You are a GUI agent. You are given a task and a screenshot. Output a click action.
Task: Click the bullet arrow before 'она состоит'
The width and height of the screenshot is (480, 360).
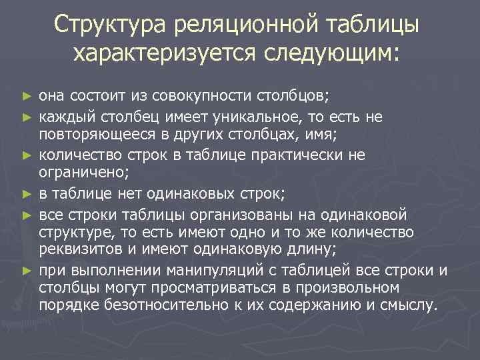(27, 97)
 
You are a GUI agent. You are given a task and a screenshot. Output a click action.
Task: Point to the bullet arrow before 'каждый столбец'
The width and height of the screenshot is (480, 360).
(27, 117)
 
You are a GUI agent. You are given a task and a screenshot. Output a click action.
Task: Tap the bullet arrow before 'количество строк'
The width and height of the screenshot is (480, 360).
(27, 156)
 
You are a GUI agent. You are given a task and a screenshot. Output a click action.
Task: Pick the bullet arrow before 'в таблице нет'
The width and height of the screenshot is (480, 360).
(27, 195)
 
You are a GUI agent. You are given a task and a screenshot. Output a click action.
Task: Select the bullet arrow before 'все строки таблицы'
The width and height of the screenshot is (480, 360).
(27, 214)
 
